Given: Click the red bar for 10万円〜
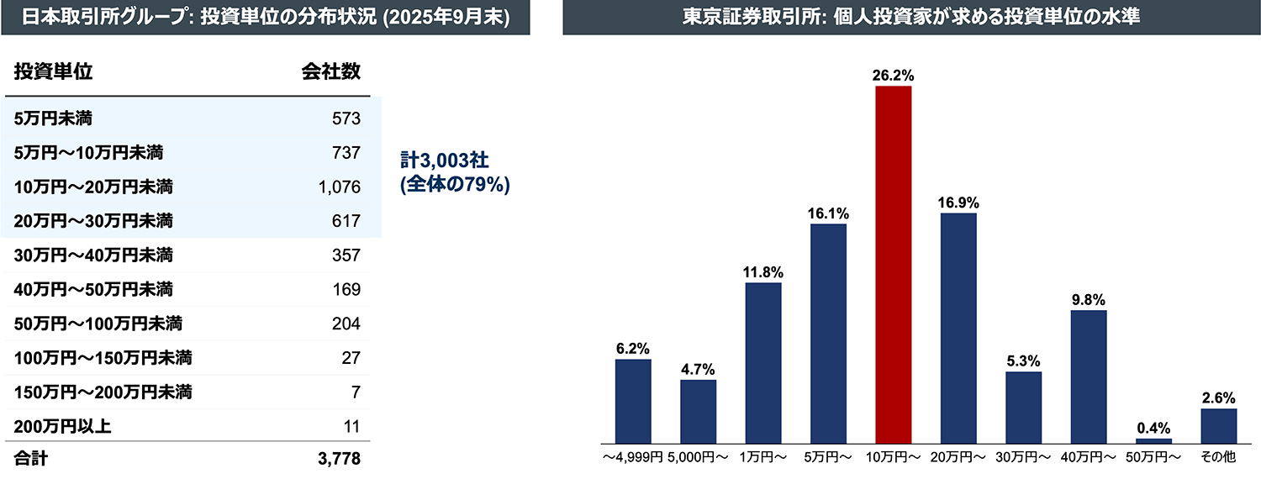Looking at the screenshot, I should click(x=894, y=265).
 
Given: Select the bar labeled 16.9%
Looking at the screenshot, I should click(x=958, y=328).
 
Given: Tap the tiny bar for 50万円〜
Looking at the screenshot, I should click(x=1153, y=440).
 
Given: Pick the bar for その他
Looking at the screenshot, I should click(x=1218, y=426).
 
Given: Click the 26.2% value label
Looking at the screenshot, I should click(x=893, y=76).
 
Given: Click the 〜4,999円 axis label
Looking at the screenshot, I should click(x=633, y=457).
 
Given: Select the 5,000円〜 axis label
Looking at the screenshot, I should click(x=699, y=457).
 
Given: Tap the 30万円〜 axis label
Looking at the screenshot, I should click(x=1024, y=457).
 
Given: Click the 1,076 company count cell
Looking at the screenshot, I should click(x=340, y=187).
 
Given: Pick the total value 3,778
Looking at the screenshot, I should click(x=340, y=461).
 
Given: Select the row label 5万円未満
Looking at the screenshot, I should click(x=53, y=118).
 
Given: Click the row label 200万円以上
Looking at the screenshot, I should click(x=63, y=427).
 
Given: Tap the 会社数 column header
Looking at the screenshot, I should click(x=330, y=72).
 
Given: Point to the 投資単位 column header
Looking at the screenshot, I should click(x=53, y=72).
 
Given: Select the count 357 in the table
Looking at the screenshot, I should click(x=346, y=255).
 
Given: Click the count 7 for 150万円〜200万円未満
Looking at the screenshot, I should click(x=356, y=392).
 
